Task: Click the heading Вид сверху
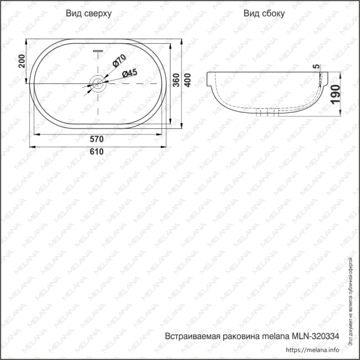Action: [88, 13]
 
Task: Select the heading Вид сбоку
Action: [264, 13]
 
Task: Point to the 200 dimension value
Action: [22, 61]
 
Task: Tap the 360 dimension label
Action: [176, 83]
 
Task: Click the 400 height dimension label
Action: [188, 83]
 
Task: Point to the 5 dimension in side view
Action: [316, 65]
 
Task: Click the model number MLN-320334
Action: [316, 336]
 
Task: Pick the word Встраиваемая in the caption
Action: [191, 336]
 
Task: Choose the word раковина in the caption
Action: [240, 336]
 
